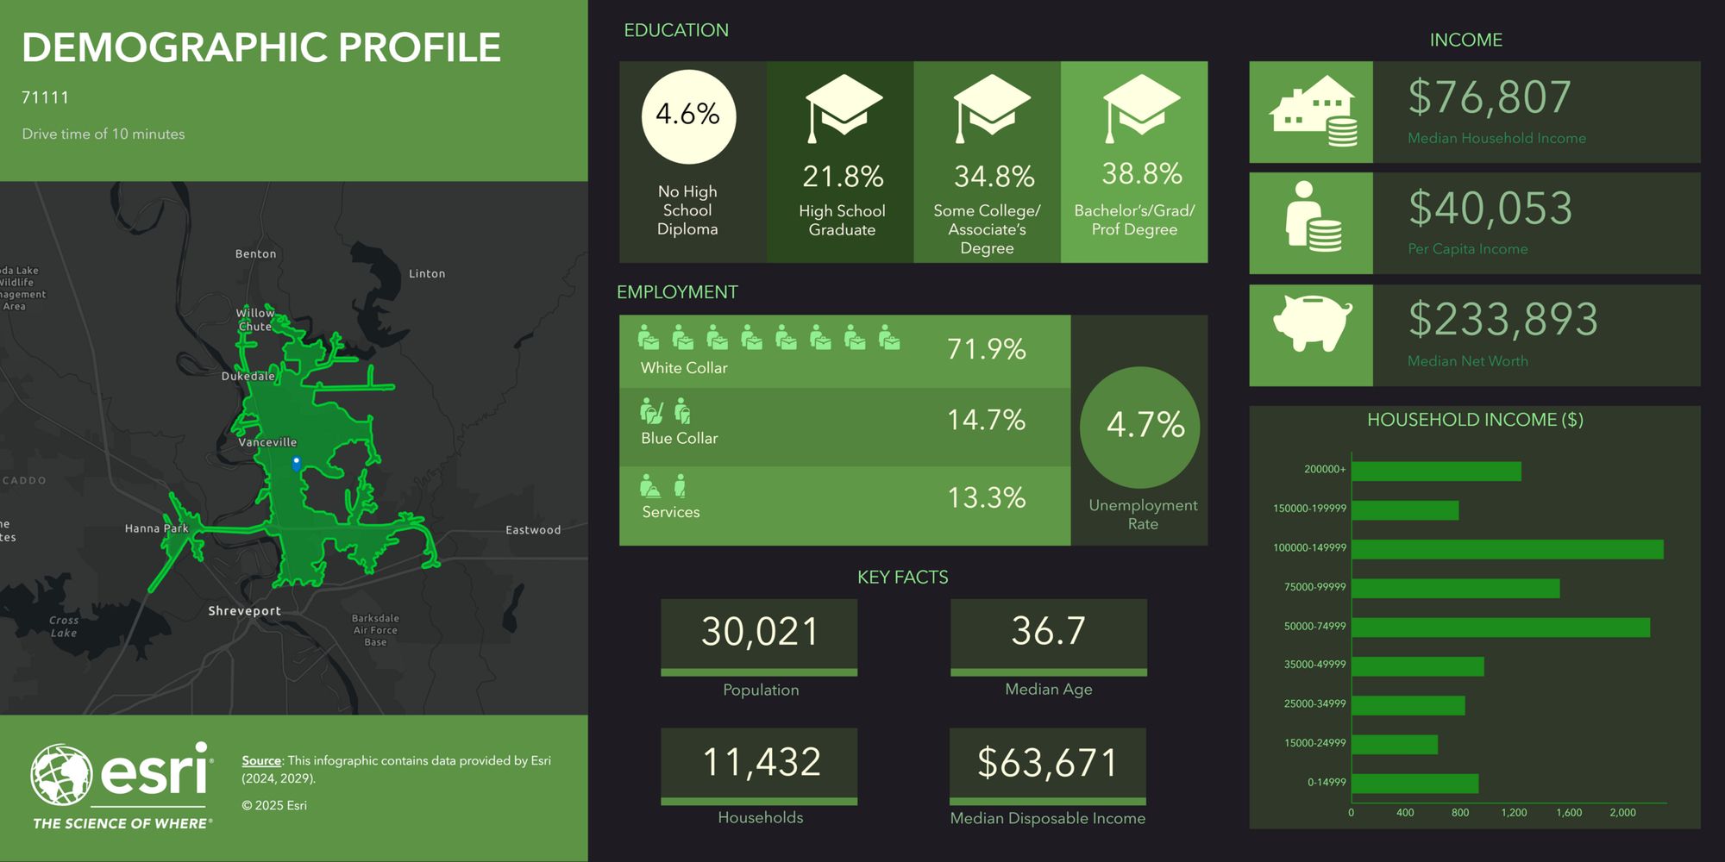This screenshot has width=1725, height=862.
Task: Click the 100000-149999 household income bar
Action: [1507, 549]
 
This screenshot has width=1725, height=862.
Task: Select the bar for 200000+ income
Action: [1436, 472]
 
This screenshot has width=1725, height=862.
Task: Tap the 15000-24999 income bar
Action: [1394, 744]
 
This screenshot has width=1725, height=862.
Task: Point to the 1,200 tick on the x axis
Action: [1514, 813]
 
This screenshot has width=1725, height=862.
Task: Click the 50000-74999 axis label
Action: [1314, 627]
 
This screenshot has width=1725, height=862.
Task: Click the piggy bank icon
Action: [1312, 323]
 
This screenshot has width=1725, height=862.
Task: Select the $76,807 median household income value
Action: [1490, 97]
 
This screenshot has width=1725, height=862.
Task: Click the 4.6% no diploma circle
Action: [688, 116]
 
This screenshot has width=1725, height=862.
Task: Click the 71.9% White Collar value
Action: [986, 349]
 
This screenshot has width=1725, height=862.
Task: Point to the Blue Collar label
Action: [679, 439]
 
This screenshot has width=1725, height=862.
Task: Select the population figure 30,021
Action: [759, 632]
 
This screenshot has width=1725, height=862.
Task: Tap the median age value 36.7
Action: [1048, 631]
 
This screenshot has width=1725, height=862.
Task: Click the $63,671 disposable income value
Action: [1047, 763]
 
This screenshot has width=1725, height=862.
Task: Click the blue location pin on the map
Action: [296, 463]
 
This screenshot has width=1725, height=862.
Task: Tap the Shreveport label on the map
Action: [244, 611]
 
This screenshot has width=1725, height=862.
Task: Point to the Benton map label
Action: [255, 254]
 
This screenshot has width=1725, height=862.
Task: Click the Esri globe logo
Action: [61, 775]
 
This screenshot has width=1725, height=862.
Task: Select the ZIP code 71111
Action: [45, 97]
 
